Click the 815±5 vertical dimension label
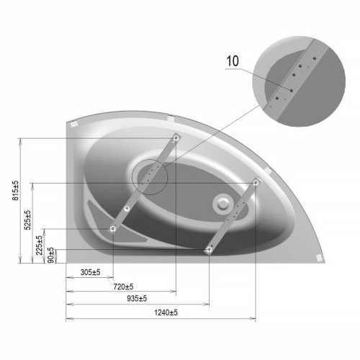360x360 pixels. (15, 191)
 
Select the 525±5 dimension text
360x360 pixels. (27, 220)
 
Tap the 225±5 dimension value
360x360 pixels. (39, 245)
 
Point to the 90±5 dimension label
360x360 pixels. (50, 255)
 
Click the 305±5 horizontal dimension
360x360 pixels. (90, 272)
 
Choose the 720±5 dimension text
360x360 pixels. (123, 287)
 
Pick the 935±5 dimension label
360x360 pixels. (137, 299)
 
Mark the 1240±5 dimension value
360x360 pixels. (166, 312)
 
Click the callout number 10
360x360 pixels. (233, 61)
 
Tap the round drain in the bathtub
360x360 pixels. (223, 204)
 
